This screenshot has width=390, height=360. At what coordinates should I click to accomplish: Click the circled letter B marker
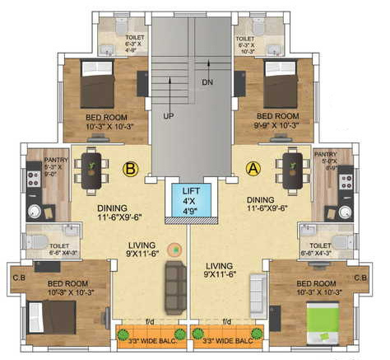129,170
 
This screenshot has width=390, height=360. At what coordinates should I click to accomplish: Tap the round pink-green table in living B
173,248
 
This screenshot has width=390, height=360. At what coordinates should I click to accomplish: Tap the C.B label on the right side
360,278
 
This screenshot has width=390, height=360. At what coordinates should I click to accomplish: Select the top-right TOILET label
244,39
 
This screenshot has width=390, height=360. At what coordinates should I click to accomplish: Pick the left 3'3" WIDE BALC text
147,339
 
